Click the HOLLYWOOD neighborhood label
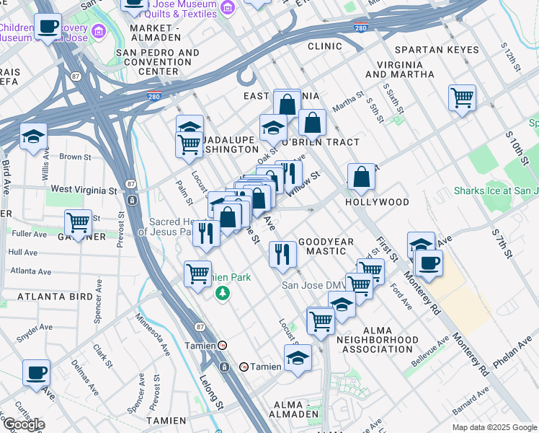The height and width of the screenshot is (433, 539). pyautogui.click(x=377, y=202)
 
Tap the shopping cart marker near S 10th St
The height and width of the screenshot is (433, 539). pyautogui.click(x=462, y=97)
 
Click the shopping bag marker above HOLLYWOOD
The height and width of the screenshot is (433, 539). pyautogui.click(x=362, y=176)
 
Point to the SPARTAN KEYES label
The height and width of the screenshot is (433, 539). pyautogui.click(x=437, y=50)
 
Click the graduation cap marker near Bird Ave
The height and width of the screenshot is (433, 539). pyautogui.click(x=33, y=136)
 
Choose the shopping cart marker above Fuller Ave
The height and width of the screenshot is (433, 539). pyautogui.click(x=78, y=221)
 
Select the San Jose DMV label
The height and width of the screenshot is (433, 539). pyautogui.click(x=308, y=284)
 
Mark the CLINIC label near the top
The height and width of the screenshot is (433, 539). pyautogui.click(x=324, y=46)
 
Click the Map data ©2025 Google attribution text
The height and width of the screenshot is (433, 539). pyautogui.click(x=494, y=427)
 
